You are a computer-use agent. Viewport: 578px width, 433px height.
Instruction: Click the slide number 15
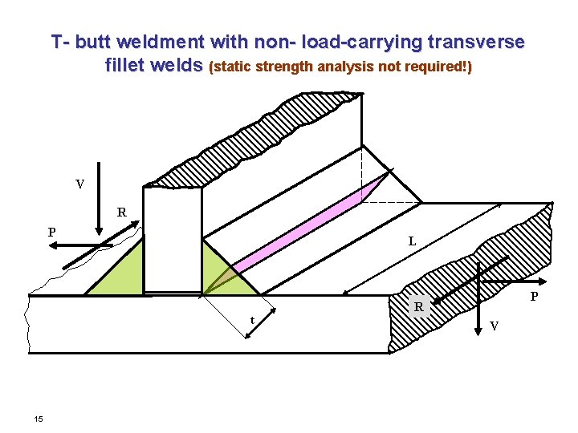tap(39, 419)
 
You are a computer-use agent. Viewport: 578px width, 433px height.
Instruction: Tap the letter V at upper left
tap(79, 184)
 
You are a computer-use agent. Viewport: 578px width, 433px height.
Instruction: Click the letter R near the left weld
tap(121, 213)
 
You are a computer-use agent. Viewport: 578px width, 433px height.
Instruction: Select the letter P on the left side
tap(51, 233)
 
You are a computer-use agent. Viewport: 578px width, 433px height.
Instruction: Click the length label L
tap(411, 241)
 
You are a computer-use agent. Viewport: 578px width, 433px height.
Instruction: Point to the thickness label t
tap(252, 320)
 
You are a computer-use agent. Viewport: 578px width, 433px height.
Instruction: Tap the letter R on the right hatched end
tap(418, 306)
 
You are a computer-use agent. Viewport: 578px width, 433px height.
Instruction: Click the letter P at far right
tap(535, 296)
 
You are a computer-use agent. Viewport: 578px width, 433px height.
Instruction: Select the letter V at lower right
tap(494, 326)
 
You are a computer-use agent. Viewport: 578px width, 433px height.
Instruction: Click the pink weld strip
tap(305, 225)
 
